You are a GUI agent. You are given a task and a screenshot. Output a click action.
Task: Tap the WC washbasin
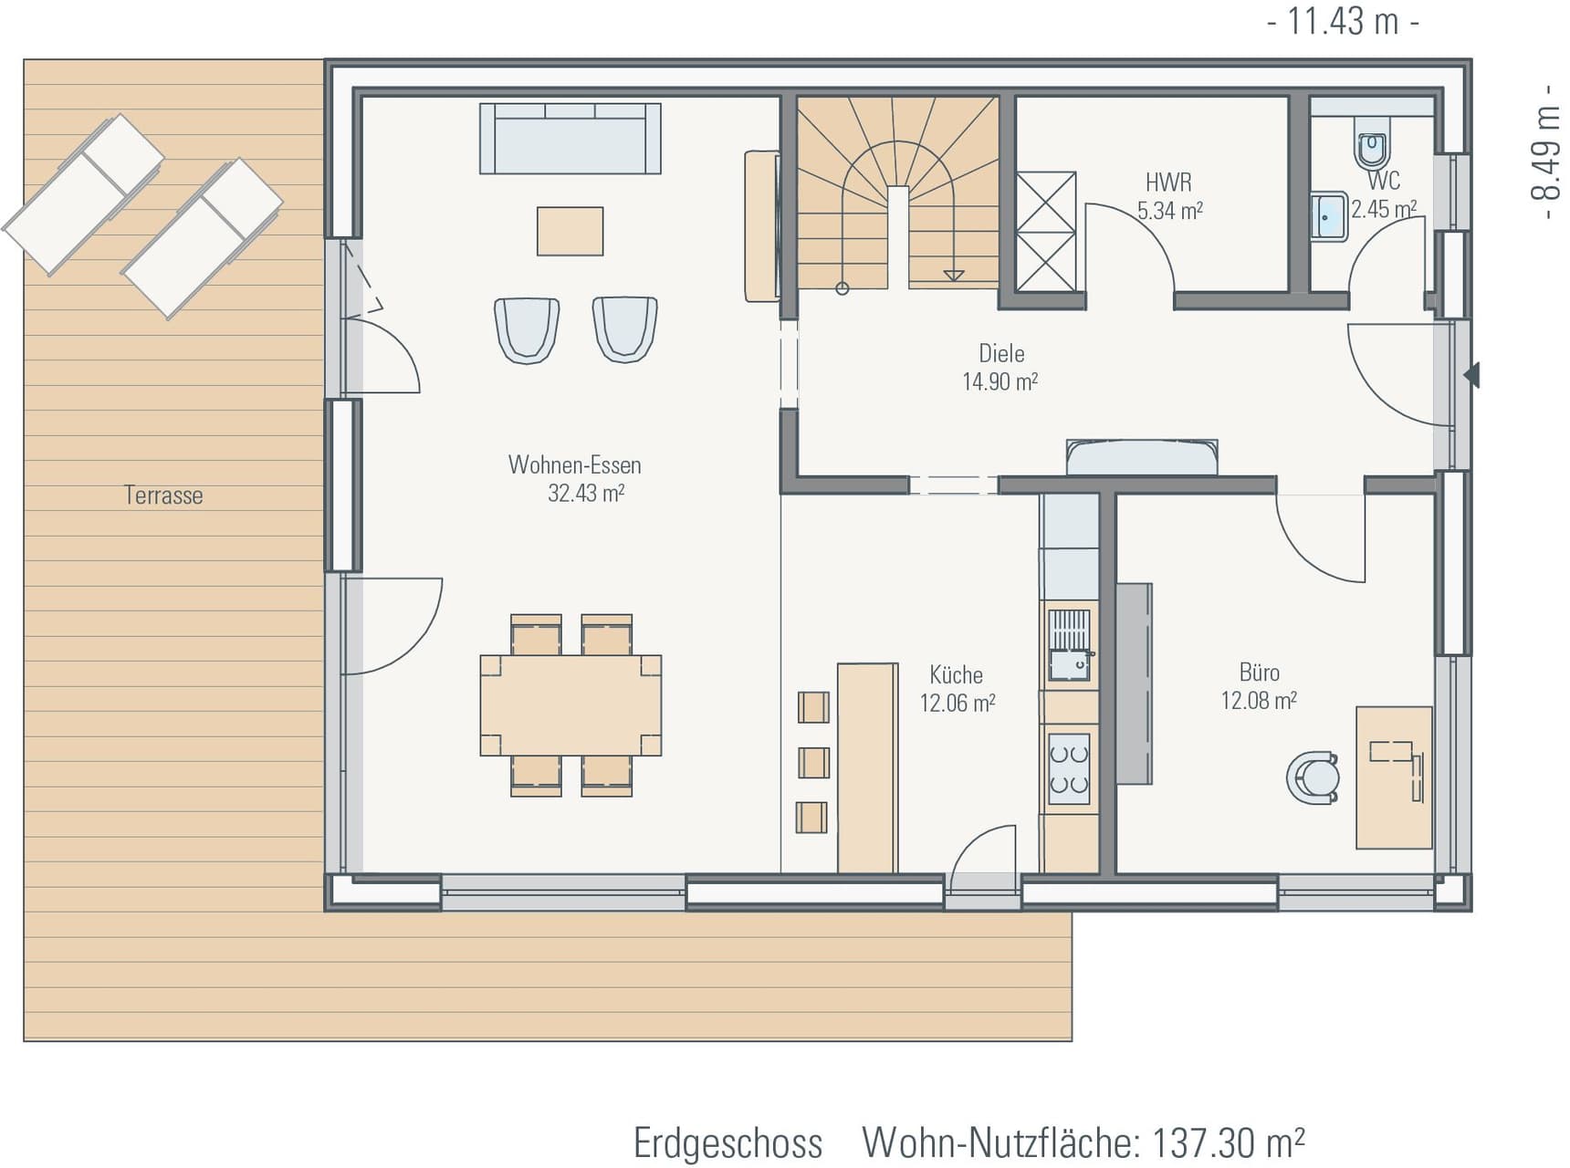(1328, 215)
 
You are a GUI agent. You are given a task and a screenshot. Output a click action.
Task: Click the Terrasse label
(163, 495)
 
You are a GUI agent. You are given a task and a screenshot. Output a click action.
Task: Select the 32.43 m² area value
(585, 494)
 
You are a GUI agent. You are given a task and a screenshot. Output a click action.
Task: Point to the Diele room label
(1001, 354)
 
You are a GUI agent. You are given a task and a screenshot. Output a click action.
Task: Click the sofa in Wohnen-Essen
(570, 139)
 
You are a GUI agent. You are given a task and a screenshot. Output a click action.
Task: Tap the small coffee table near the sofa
(570, 231)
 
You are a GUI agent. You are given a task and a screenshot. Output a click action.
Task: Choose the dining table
(570, 704)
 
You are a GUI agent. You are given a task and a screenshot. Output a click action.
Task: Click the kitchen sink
(1069, 645)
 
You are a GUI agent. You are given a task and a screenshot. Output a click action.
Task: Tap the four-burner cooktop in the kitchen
(1069, 769)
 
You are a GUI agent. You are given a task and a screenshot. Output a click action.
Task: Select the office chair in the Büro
(1314, 778)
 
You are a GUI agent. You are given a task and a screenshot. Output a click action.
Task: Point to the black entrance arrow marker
(1471, 375)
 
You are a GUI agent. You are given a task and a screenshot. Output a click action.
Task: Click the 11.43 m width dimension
(1343, 21)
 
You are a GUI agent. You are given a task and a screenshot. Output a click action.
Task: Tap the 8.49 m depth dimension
(1544, 152)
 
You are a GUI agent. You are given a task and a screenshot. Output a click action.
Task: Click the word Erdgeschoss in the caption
(727, 1143)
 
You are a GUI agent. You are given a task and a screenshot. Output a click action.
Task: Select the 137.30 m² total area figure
(1228, 1142)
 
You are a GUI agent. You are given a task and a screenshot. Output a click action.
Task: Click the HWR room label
(1168, 182)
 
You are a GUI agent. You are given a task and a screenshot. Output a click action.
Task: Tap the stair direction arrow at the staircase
(954, 273)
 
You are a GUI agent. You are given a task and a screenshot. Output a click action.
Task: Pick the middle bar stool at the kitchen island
(813, 762)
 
